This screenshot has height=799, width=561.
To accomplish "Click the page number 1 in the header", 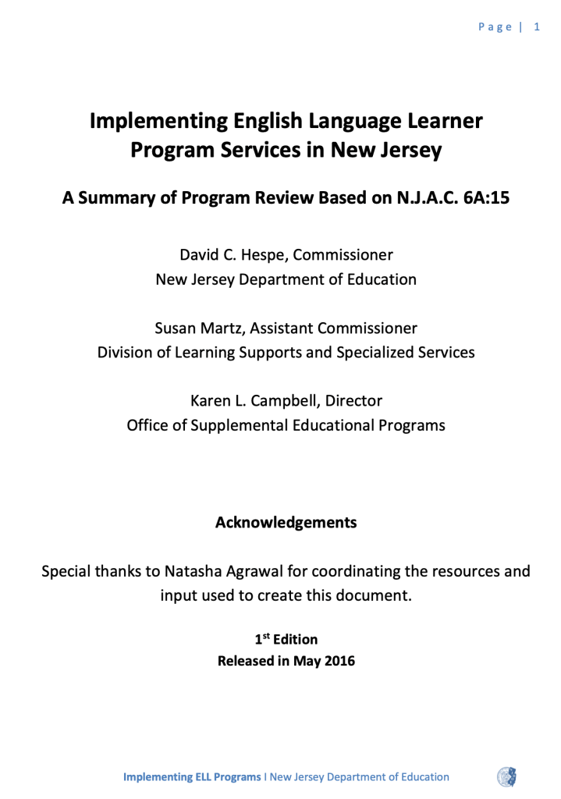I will click(x=537, y=27).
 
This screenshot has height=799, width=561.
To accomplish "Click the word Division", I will click(x=126, y=352).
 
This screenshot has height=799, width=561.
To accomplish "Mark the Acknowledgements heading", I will click(x=286, y=522).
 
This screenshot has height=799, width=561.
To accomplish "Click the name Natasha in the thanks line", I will click(x=193, y=570).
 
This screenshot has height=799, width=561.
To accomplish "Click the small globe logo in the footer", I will click(x=506, y=776).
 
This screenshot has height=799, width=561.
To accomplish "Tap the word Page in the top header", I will click(x=495, y=27).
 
